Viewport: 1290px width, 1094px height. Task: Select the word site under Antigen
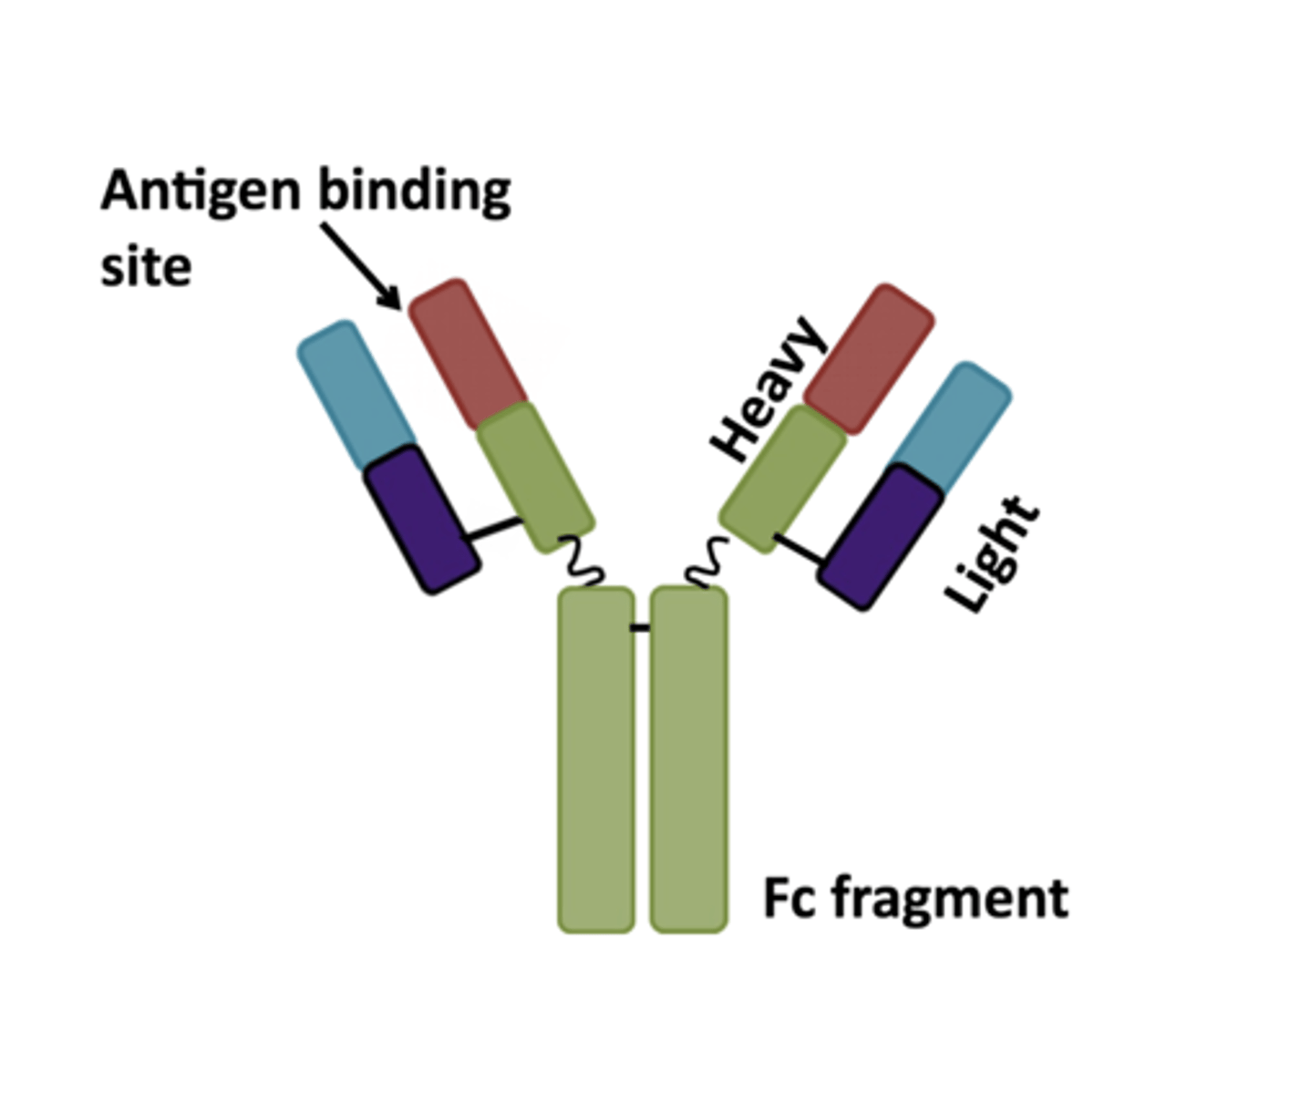tap(146, 268)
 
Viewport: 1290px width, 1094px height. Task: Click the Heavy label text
tap(769, 389)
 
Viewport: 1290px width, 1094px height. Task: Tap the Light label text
tap(992, 554)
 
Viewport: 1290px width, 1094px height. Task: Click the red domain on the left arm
tap(468, 354)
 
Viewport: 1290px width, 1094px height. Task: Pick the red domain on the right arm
tap(869, 358)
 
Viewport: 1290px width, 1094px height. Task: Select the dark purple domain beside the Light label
tap(881, 537)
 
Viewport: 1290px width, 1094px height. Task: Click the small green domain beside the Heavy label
tap(783, 479)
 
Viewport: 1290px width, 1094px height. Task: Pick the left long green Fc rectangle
tap(596, 759)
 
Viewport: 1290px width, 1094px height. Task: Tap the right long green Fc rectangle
tap(688, 759)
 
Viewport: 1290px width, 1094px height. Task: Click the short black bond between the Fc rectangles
tap(641, 627)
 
